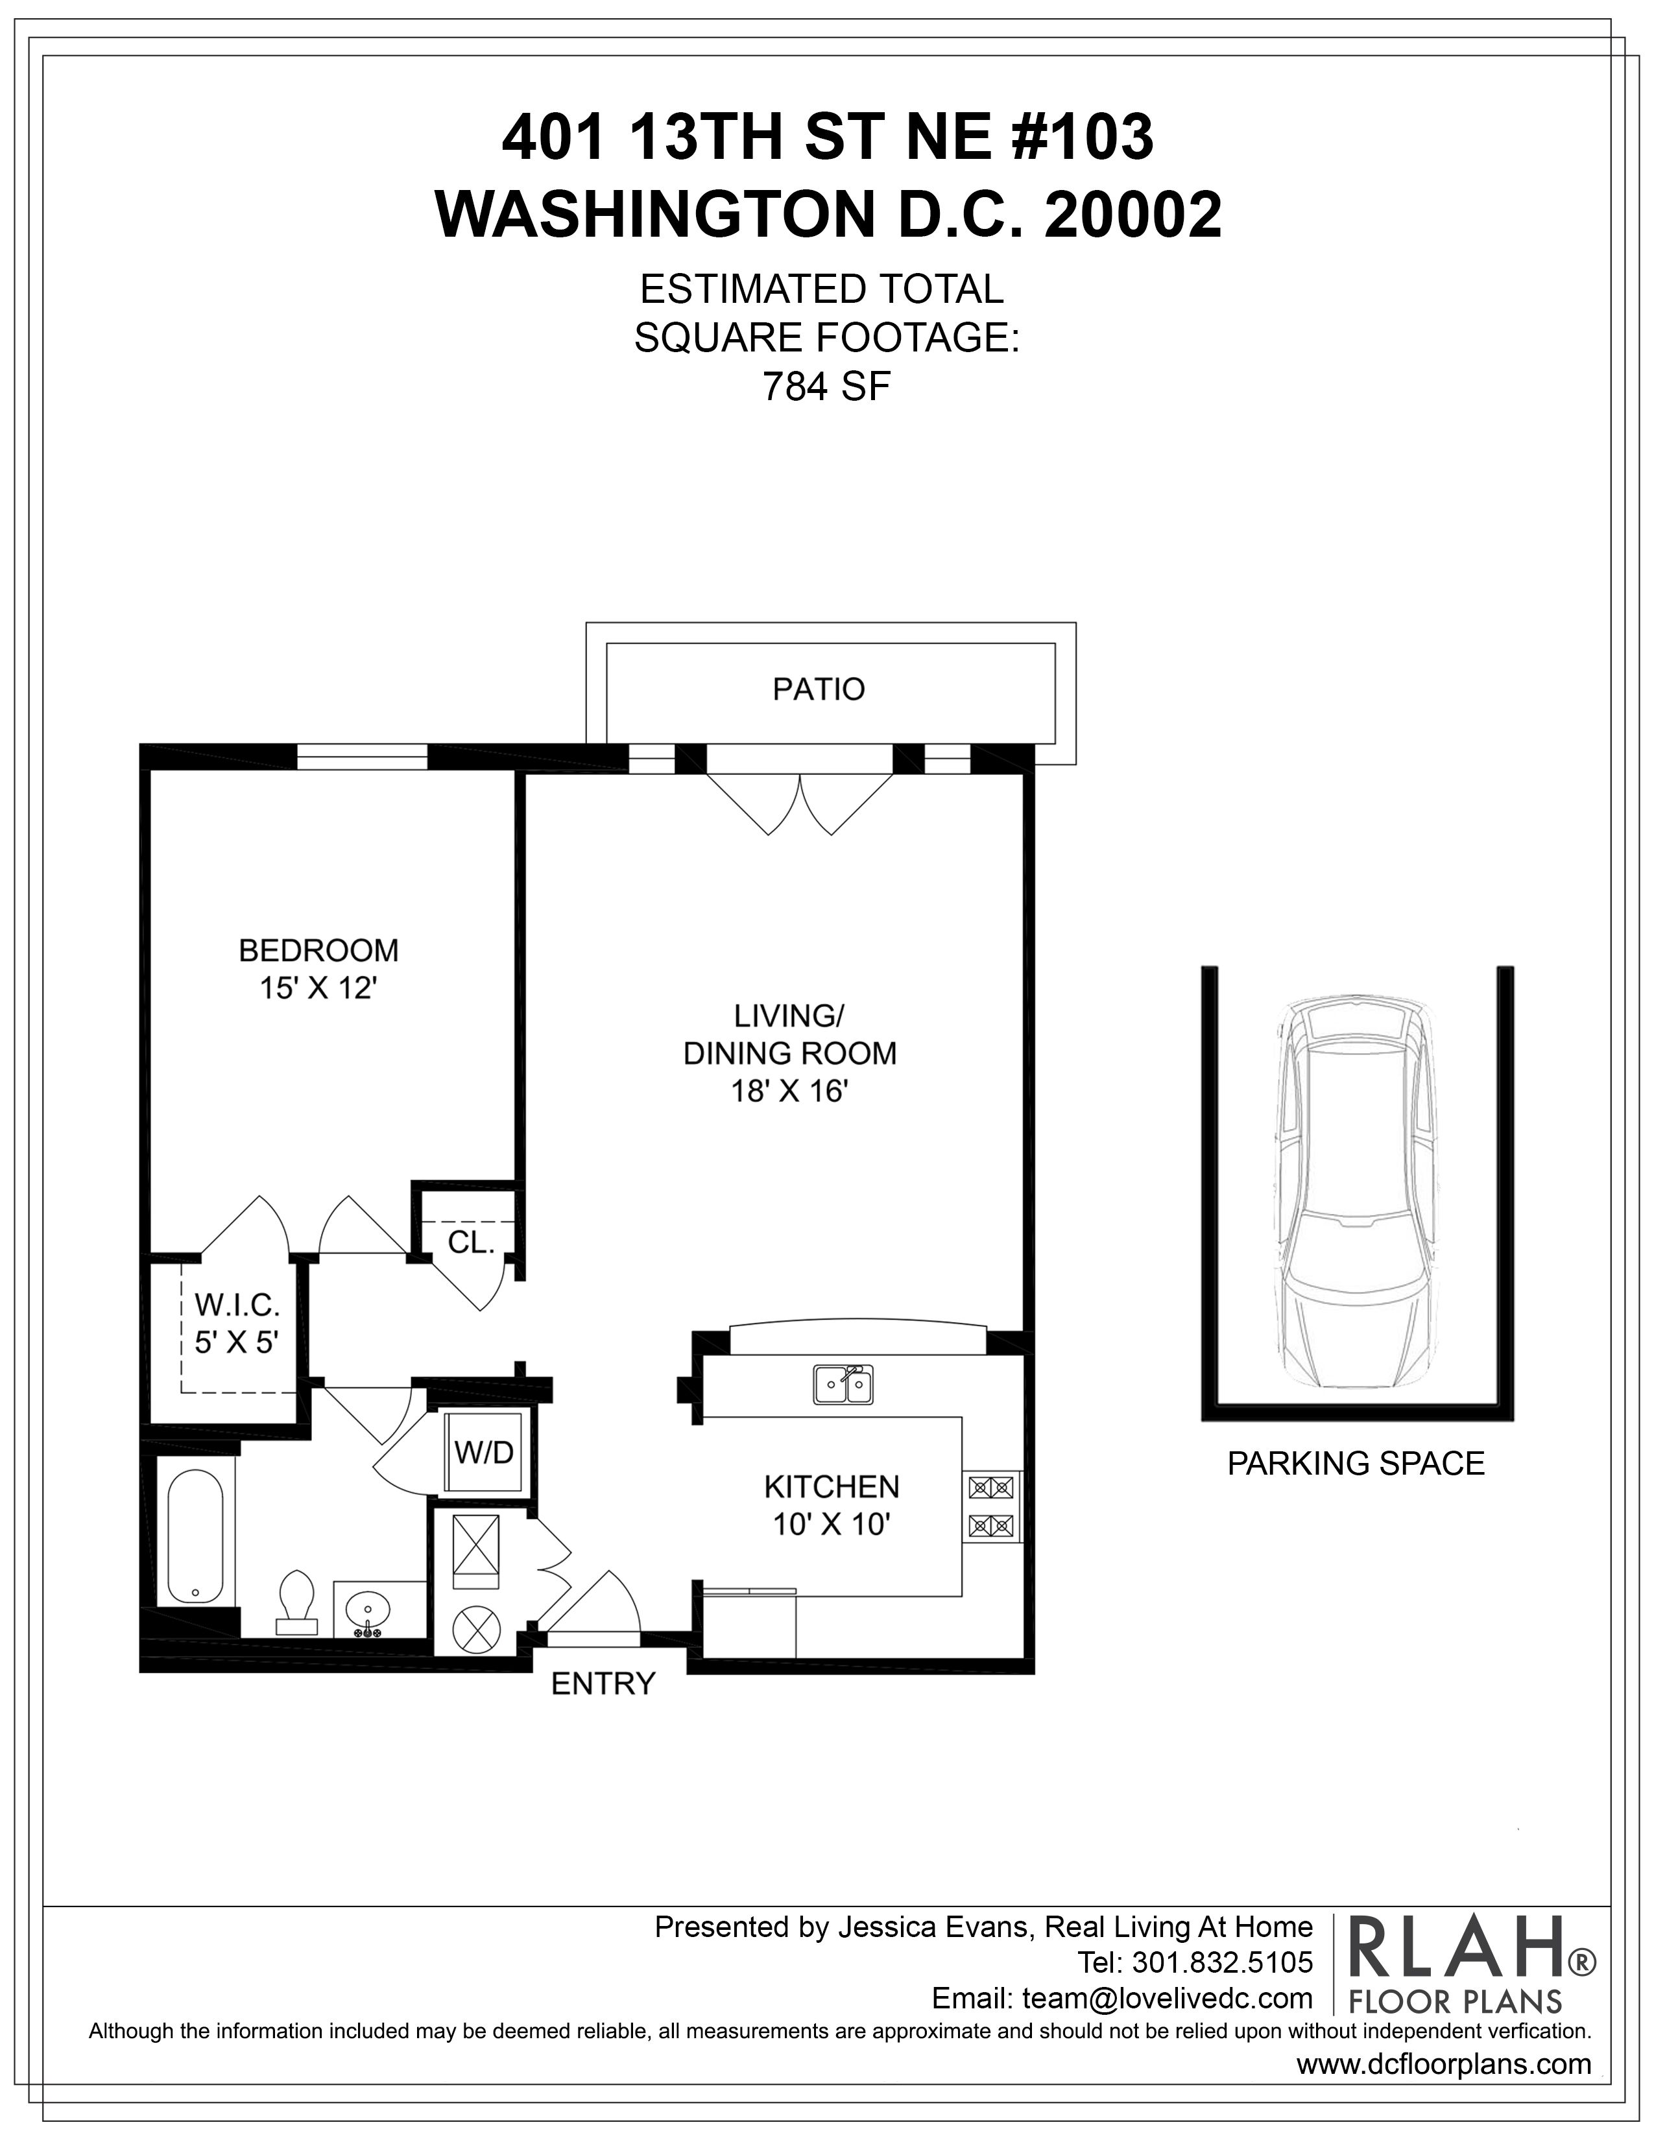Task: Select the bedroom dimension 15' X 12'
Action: (x=318, y=989)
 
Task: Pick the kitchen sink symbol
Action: (x=843, y=1385)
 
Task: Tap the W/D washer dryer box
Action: (x=484, y=1453)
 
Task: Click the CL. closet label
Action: (x=470, y=1242)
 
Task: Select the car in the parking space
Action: (x=1357, y=1193)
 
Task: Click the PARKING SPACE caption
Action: (x=1356, y=1463)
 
